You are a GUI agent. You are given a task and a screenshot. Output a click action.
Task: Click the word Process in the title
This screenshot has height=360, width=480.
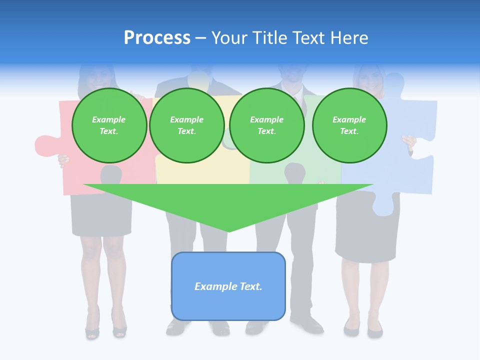click(x=157, y=38)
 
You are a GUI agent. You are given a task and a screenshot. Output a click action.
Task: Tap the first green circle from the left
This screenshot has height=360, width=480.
click(x=109, y=125)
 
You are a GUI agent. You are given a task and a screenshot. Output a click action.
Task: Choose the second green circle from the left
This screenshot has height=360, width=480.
click(x=187, y=125)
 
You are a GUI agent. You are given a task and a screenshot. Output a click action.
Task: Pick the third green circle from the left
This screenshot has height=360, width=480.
click(x=266, y=125)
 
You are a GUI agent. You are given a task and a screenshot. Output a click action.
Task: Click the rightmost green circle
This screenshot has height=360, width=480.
click(x=349, y=125)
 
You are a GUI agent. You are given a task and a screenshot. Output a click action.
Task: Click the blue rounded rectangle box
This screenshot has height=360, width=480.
click(x=228, y=286)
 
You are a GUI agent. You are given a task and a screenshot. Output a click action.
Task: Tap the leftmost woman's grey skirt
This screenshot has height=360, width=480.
click(x=101, y=215)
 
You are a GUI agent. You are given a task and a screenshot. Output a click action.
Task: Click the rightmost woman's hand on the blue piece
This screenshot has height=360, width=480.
click(x=409, y=143)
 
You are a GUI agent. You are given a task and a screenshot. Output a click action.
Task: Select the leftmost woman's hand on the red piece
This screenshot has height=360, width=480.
click(x=63, y=160)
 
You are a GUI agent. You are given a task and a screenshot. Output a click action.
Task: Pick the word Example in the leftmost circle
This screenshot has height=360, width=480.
click(x=109, y=120)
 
